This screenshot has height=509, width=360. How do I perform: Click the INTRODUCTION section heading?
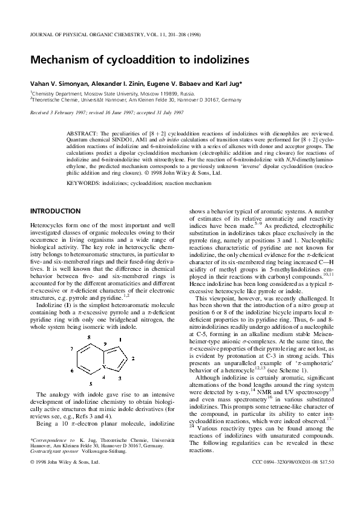coord(55,211)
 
